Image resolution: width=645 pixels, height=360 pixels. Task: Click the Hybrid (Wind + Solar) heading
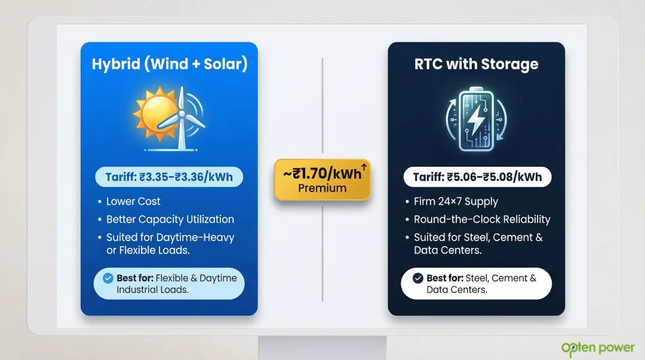click(x=169, y=64)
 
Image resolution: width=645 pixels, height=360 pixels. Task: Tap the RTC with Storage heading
click(x=476, y=64)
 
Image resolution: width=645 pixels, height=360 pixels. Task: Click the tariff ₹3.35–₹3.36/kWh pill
click(x=169, y=177)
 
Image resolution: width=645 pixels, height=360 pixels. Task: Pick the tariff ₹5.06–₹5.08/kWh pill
click(x=476, y=177)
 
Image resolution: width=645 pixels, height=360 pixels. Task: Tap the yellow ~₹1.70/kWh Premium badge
click(x=322, y=179)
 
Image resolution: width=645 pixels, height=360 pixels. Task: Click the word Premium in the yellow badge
click(x=322, y=188)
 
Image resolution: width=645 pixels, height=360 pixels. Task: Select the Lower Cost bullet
click(x=133, y=202)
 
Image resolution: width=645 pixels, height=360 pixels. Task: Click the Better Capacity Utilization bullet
click(x=170, y=219)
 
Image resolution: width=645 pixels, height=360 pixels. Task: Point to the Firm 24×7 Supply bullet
click(x=456, y=202)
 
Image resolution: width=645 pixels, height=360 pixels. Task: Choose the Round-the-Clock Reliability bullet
click(x=481, y=219)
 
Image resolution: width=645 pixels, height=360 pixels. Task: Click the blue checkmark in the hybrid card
click(x=108, y=278)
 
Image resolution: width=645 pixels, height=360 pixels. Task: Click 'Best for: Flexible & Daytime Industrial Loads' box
click(x=170, y=284)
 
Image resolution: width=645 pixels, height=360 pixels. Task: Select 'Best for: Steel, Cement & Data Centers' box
click(x=476, y=284)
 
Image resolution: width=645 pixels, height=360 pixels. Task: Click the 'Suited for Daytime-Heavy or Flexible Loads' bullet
click(x=170, y=244)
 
